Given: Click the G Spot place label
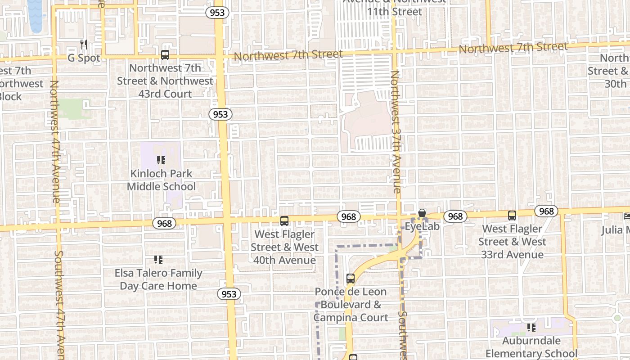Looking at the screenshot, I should click(x=84, y=58).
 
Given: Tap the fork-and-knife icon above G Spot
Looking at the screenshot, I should click(x=84, y=44).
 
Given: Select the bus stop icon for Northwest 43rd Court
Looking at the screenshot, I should click(x=165, y=55).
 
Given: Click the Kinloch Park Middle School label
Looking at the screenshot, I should click(x=161, y=180).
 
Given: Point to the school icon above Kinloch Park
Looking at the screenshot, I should click(x=161, y=160).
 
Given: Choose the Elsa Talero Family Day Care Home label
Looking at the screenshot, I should click(x=158, y=279).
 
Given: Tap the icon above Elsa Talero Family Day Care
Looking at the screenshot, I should click(x=158, y=260).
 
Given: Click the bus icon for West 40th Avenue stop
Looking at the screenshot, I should click(x=284, y=221).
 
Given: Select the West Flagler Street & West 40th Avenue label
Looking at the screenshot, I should click(x=284, y=247).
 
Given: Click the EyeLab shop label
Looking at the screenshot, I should click(x=422, y=226).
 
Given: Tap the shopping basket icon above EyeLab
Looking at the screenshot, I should click(x=422, y=213).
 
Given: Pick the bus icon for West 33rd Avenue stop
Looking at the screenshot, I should click(x=512, y=216).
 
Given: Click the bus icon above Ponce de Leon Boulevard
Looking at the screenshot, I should click(x=351, y=279).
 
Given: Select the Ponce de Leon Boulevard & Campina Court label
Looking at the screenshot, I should click(x=351, y=305).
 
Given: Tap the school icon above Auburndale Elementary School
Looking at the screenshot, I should click(x=531, y=327).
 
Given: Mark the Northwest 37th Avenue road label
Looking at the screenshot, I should click(x=396, y=131).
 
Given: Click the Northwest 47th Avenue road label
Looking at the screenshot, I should click(x=55, y=141).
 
